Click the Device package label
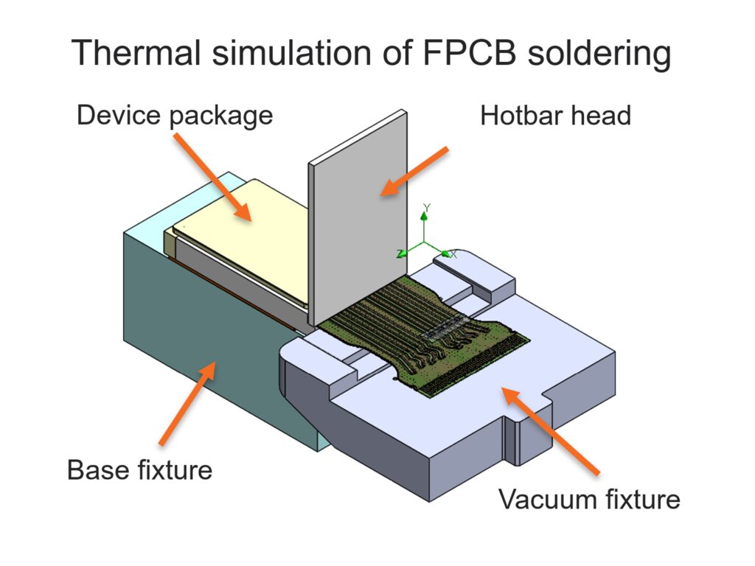point(175,116)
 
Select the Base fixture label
point(139,469)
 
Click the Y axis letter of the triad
point(427,207)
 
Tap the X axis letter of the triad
point(453,254)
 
